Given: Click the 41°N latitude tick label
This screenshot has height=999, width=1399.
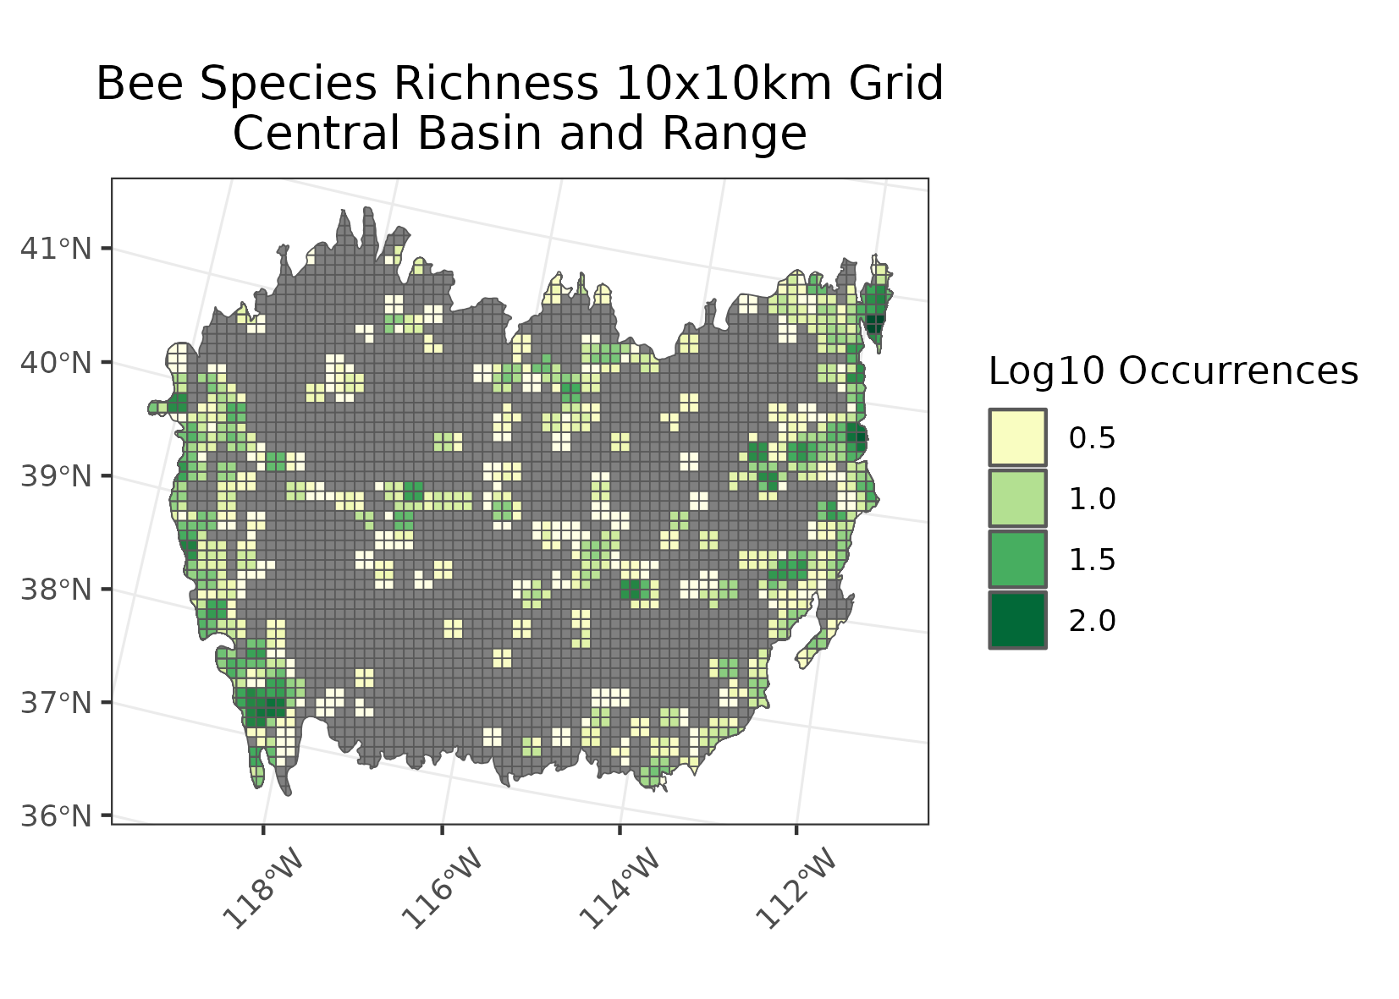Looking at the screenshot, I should [55, 250].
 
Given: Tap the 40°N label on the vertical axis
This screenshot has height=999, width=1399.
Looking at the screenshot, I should [55, 364].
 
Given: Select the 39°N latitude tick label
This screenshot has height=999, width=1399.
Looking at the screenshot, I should [55, 476].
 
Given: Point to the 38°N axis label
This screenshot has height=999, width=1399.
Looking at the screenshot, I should [55, 589].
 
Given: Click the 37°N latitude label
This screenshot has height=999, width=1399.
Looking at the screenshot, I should [55, 702].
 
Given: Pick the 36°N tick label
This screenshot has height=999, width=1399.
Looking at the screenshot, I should [55, 816].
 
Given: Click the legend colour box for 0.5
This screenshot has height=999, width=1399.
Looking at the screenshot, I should [1017, 437].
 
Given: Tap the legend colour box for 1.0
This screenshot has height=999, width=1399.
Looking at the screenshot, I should [1017, 498].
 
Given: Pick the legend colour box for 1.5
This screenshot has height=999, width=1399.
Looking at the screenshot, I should [1017, 559].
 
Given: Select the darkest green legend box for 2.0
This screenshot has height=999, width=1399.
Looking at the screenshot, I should [1017, 620].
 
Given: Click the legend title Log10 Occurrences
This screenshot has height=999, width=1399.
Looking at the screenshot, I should [1173, 371].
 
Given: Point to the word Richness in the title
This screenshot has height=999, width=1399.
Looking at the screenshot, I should [499, 85].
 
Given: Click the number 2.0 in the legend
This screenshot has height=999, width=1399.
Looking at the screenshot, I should [1092, 621].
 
